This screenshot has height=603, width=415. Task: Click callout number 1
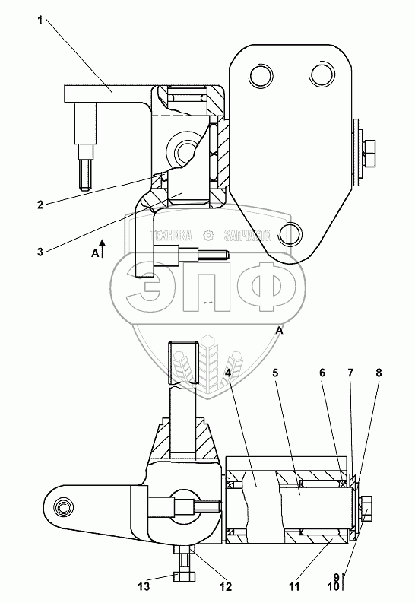(x=40, y=21)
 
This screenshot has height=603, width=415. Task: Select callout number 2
(x=40, y=205)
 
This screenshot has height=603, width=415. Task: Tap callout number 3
(x=40, y=252)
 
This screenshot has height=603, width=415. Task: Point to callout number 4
(x=228, y=373)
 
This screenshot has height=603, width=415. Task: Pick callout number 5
(x=275, y=373)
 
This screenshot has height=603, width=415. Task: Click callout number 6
(x=322, y=373)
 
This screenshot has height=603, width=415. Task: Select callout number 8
(x=379, y=373)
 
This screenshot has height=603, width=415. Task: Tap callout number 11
(x=294, y=586)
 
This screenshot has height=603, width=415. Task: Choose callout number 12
(x=226, y=586)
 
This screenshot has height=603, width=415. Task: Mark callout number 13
(x=144, y=586)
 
